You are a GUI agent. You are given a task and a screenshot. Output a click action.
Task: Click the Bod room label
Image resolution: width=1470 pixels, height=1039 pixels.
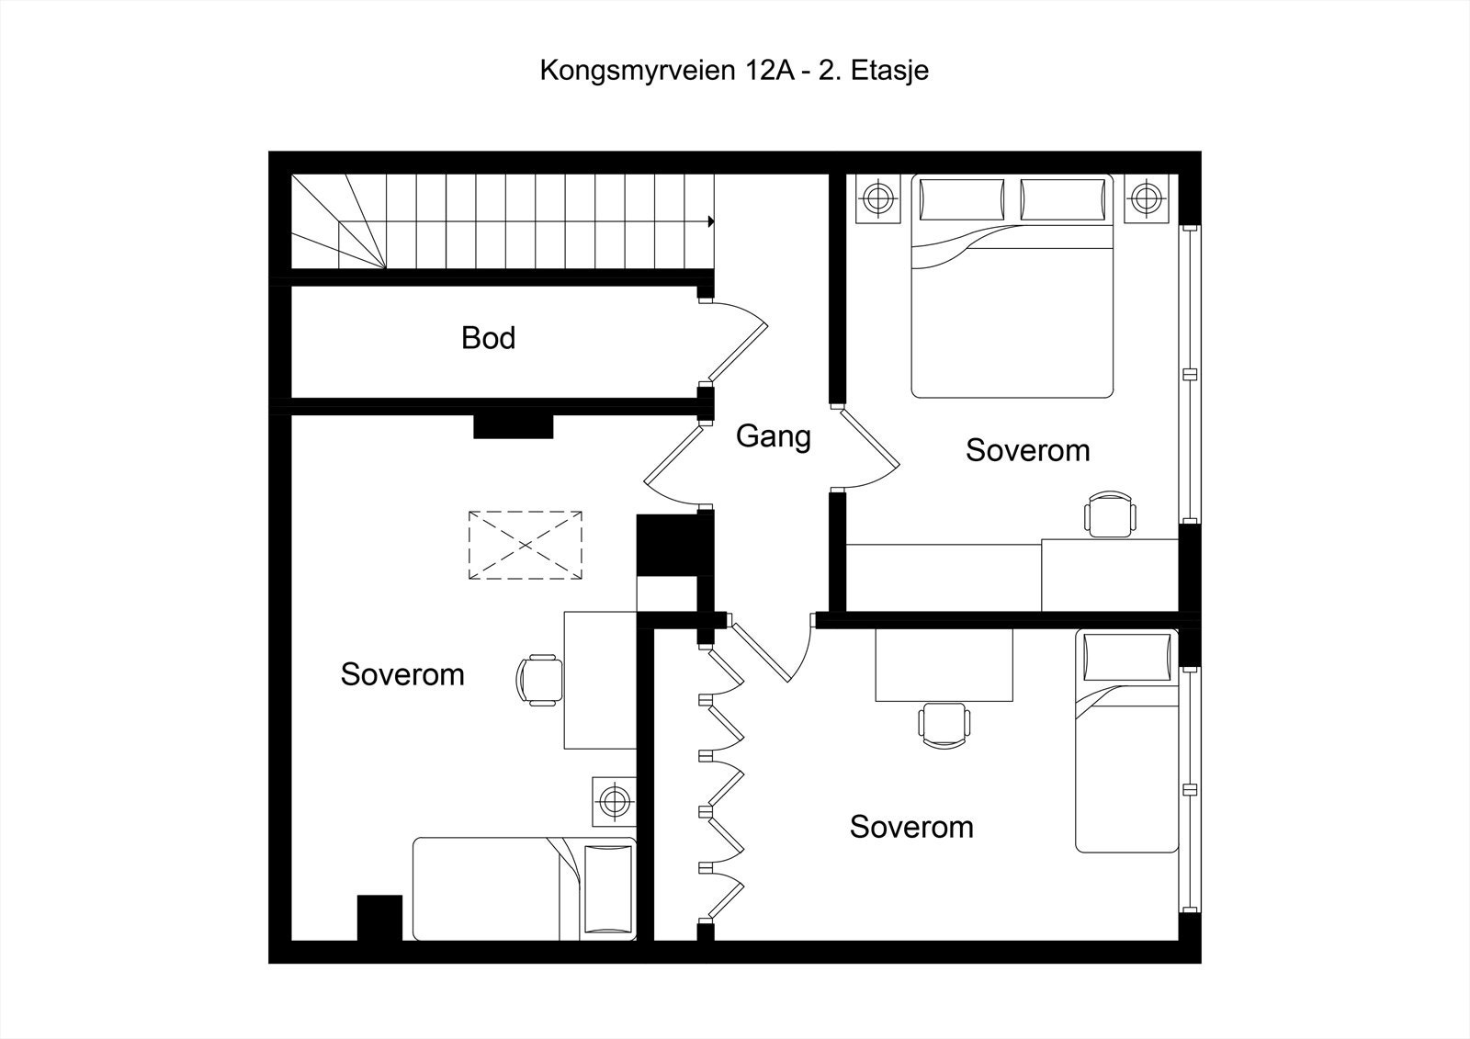pos(488,338)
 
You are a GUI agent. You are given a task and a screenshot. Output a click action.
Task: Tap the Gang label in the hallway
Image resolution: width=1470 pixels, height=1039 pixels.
pos(773,435)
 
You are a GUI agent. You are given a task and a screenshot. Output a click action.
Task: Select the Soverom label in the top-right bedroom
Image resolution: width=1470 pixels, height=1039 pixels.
pos(1027,450)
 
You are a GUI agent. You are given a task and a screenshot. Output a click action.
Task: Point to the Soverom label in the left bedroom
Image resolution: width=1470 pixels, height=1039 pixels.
pos(402,674)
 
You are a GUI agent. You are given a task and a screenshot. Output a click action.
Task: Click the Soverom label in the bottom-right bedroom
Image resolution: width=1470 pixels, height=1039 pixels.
pos(910,827)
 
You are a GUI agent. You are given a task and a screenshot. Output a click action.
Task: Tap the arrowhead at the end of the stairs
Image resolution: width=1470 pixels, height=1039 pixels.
pos(711,221)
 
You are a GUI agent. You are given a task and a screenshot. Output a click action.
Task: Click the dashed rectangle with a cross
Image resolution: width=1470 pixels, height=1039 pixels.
pos(525,545)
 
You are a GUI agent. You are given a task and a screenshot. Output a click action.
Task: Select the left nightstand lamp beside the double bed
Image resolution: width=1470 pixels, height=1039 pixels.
pos(879,198)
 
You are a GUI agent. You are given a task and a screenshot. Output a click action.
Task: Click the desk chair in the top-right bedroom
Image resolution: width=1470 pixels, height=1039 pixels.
pos(1111,514)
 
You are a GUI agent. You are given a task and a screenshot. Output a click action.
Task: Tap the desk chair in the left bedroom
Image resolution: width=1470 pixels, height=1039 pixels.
pos(539,680)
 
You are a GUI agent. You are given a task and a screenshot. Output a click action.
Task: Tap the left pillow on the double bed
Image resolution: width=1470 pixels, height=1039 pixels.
pos(961,199)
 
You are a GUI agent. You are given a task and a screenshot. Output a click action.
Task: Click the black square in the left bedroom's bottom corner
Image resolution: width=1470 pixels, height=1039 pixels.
pos(379,918)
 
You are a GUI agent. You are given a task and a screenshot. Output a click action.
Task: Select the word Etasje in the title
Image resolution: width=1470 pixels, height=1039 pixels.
pos(889,71)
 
